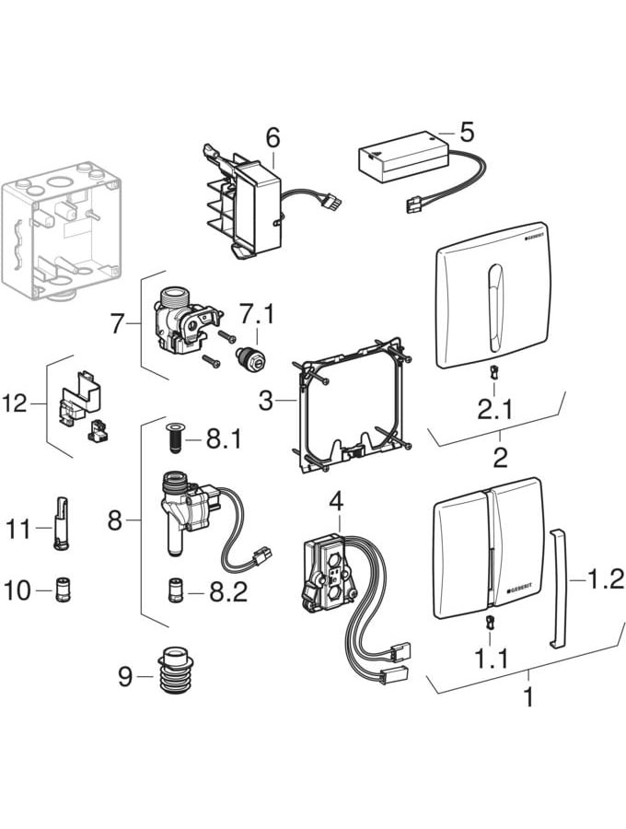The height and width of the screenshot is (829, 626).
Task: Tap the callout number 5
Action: [467, 132]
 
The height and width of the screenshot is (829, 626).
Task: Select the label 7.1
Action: [258, 314]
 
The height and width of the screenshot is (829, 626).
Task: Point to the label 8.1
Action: [223, 441]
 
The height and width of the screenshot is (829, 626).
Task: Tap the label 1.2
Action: [605, 578]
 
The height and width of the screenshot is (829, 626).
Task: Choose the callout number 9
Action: [125, 678]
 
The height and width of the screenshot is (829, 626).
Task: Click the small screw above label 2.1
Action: [494, 372]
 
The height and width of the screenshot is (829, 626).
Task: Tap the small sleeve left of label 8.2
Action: [173, 590]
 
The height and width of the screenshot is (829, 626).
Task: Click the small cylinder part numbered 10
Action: [64, 590]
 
